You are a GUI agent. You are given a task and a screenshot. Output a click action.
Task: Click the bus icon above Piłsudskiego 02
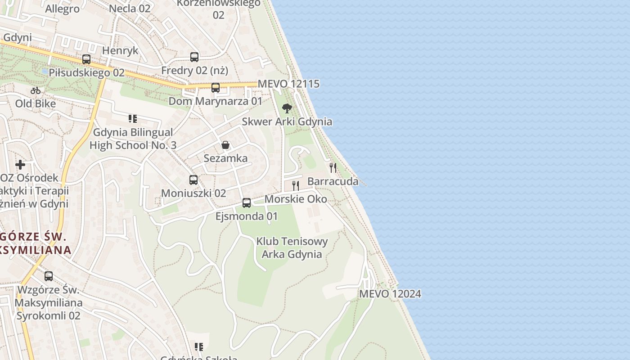[x=86, y=59]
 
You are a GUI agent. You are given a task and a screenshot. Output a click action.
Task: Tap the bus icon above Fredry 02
[x=194, y=57]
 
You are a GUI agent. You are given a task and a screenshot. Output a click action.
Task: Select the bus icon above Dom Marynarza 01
[x=216, y=87]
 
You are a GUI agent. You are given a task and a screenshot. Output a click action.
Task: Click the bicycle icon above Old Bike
[x=36, y=90]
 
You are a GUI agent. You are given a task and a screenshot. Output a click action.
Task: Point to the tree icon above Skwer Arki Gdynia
[x=287, y=108]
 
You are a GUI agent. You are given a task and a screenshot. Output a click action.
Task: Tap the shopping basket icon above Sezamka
[x=225, y=145]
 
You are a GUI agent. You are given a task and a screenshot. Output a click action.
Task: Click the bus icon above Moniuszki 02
[x=193, y=180]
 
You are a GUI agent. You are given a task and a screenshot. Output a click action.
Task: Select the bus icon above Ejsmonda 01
[x=247, y=203]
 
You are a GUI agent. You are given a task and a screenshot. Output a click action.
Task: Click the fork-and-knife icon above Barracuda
[x=333, y=168]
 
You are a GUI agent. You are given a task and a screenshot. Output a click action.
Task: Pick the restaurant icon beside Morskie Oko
[x=296, y=185]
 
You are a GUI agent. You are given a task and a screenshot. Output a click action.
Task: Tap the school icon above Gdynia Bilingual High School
[x=133, y=119]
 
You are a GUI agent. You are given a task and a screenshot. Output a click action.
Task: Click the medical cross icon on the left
[x=20, y=164]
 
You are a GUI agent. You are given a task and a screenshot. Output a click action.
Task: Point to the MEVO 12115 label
[x=288, y=84]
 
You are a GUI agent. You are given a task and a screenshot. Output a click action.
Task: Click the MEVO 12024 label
[x=390, y=294]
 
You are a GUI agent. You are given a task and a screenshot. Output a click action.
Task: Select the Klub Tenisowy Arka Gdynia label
[x=292, y=247]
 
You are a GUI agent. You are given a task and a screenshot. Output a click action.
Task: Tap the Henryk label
[x=120, y=50]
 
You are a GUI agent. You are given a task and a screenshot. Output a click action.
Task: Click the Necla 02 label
[x=130, y=8]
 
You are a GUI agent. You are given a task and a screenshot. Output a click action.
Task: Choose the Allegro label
[x=62, y=9]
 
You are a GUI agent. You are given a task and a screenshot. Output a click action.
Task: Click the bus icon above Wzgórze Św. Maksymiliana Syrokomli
[x=49, y=276]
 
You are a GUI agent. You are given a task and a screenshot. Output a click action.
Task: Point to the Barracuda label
[x=333, y=181]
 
